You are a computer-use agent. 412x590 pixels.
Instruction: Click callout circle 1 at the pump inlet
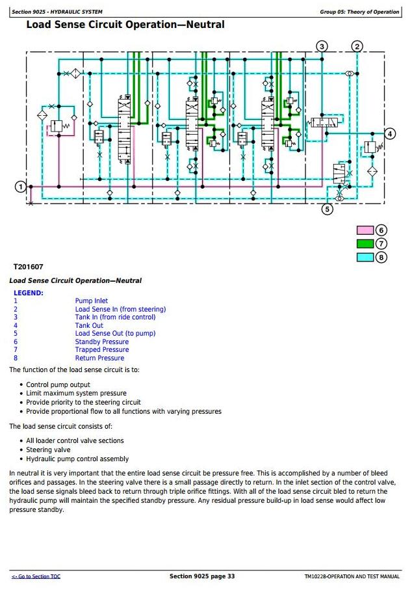pyautogui.click(x=20, y=187)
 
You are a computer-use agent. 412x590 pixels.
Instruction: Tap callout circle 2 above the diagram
pyautogui.click(x=357, y=46)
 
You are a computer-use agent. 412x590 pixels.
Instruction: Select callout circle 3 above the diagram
pyautogui.click(x=322, y=46)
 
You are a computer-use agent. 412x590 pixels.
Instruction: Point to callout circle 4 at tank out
pyautogui.click(x=390, y=133)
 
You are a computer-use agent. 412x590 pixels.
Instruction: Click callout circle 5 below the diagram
pyautogui.click(x=328, y=209)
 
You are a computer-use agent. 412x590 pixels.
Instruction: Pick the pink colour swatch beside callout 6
pyautogui.click(x=365, y=230)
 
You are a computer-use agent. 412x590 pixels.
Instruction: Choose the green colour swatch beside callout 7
pyautogui.click(x=365, y=244)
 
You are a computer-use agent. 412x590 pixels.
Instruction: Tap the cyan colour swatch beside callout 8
pyautogui.click(x=365, y=258)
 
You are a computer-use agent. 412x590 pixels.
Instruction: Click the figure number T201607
pyautogui.click(x=28, y=267)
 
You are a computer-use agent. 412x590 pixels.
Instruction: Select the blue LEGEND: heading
pyautogui.click(x=29, y=293)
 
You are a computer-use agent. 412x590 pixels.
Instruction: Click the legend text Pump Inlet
pyautogui.click(x=92, y=301)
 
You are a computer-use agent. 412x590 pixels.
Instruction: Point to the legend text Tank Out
pyautogui.click(x=89, y=325)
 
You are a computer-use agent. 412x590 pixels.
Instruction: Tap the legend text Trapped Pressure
pyautogui.click(x=102, y=349)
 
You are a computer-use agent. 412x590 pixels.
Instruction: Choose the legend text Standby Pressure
pyautogui.click(x=102, y=342)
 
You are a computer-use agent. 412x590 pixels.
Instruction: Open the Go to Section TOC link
pyautogui.click(x=36, y=576)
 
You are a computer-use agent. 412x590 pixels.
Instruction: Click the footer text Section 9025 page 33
pyautogui.click(x=202, y=576)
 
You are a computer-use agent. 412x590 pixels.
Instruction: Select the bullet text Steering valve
pyautogui.click(x=48, y=449)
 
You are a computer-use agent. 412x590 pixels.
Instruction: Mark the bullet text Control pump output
pyautogui.click(x=58, y=384)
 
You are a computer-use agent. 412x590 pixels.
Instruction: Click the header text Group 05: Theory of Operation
pyautogui.click(x=359, y=12)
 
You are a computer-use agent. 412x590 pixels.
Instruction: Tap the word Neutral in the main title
pyautogui.click(x=205, y=25)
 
